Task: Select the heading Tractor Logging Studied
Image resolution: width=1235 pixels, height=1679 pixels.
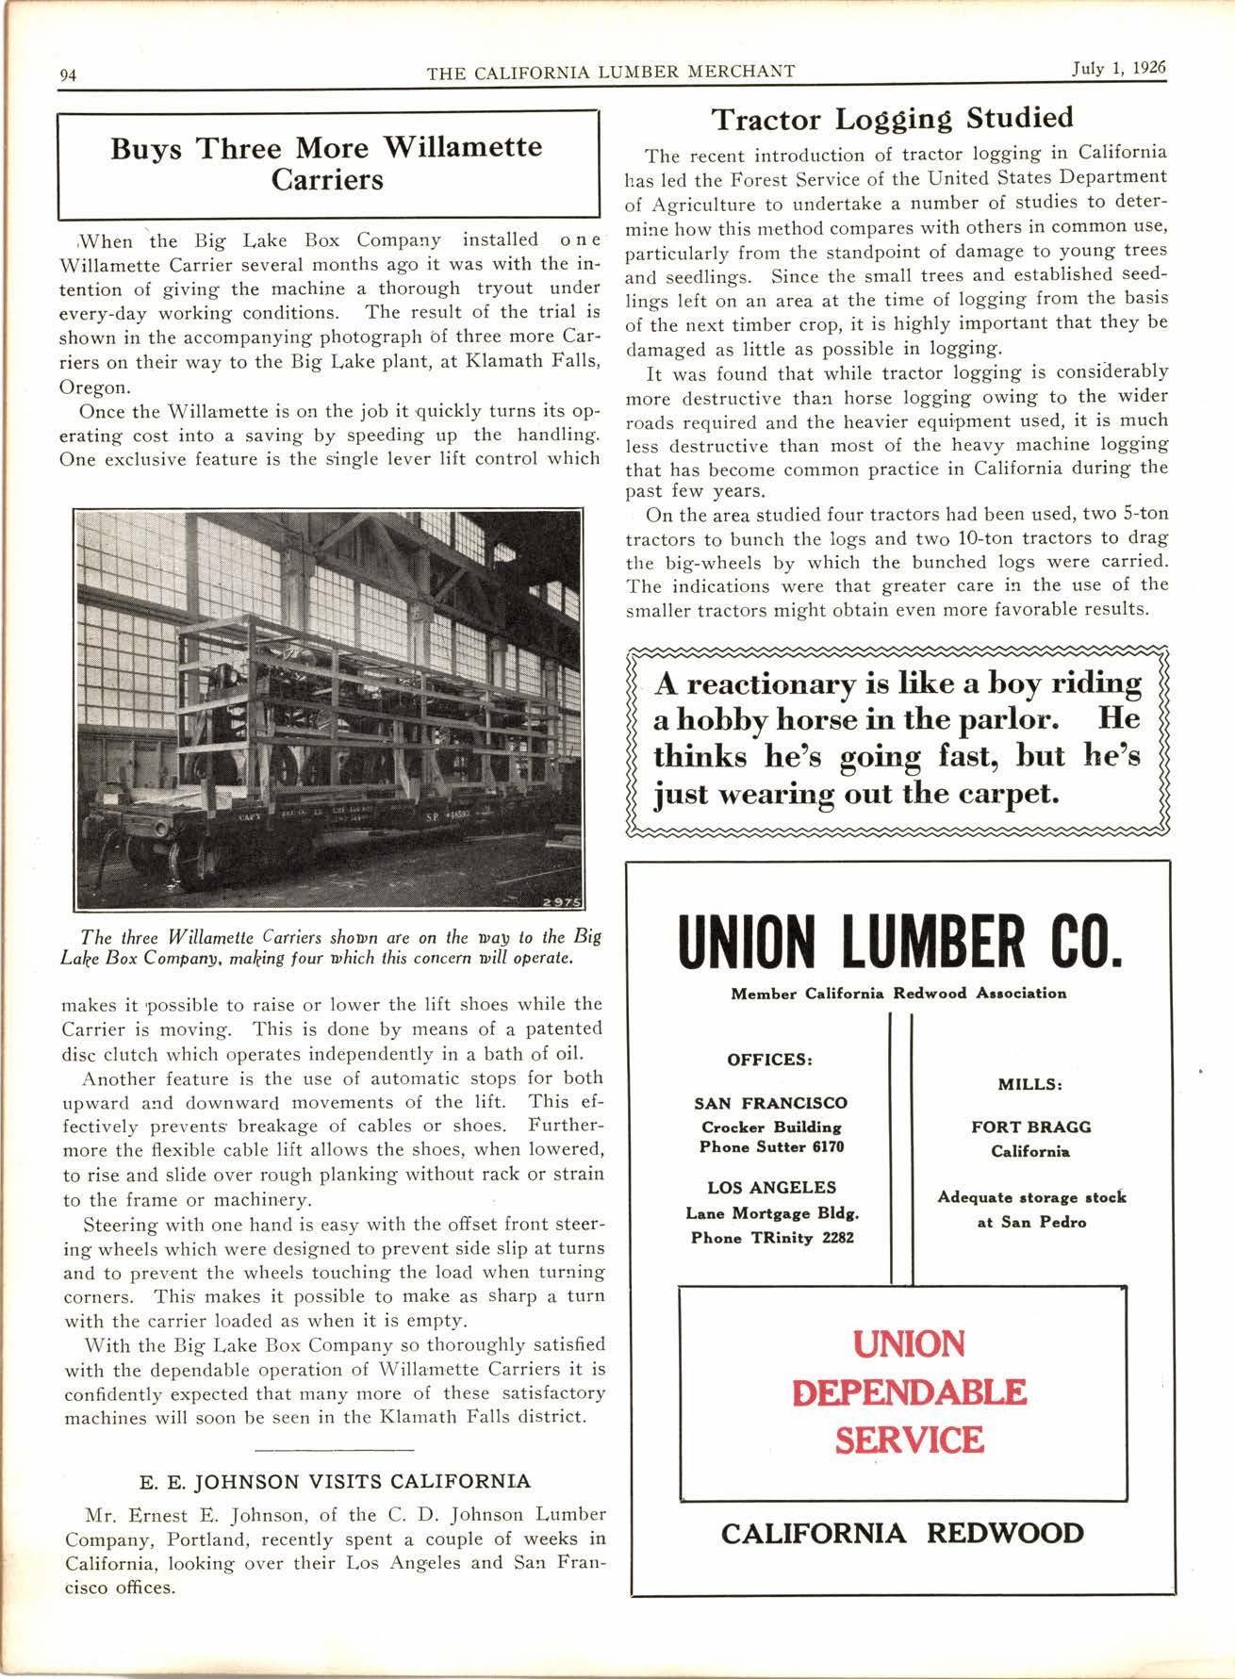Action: [891, 119]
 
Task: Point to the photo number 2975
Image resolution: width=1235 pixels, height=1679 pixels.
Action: [562, 902]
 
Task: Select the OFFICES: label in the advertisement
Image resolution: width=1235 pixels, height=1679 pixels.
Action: [769, 1059]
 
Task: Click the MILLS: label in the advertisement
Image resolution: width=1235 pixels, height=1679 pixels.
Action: [1030, 1084]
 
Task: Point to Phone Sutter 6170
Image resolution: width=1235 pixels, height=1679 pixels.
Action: [771, 1147]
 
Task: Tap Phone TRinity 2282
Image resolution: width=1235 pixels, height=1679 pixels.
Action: [771, 1238]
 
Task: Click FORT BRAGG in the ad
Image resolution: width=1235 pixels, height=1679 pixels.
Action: [1030, 1128]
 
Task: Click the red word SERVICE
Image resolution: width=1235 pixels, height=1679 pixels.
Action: [909, 1440]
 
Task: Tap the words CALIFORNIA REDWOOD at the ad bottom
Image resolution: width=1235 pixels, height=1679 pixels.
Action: [901, 1534]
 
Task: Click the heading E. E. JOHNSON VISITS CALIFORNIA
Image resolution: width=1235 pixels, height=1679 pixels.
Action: [335, 1481]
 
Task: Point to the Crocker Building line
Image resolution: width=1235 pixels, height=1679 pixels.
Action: [771, 1127]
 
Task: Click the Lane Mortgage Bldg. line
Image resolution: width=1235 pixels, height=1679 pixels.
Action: [771, 1213]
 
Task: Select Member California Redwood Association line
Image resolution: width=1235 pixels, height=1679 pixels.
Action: [898, 993]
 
